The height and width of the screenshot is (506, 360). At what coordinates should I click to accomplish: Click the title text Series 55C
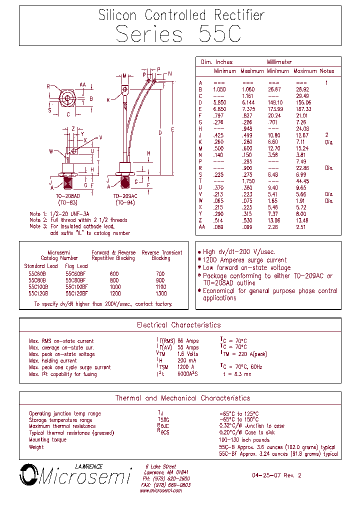click(178, 34)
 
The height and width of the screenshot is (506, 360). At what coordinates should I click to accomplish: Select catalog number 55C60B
click(37, 274)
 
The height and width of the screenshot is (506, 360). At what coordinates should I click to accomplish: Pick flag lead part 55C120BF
click(76, 293)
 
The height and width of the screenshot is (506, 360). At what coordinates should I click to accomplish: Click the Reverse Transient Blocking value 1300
click(161, 293)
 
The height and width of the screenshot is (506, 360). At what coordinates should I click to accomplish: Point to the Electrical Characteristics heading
click(178, 325)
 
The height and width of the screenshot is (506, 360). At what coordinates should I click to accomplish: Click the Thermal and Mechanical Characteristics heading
click(182, 398)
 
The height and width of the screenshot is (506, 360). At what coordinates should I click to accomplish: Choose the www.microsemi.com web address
click(161, 491)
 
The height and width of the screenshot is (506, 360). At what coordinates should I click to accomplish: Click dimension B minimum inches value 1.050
click(220, 89)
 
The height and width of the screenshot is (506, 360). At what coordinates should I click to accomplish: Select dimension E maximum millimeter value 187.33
click(303, 109)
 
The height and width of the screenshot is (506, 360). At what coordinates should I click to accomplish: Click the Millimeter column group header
click(279, 62)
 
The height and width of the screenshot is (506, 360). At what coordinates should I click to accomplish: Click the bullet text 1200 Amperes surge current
click(244, 260)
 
